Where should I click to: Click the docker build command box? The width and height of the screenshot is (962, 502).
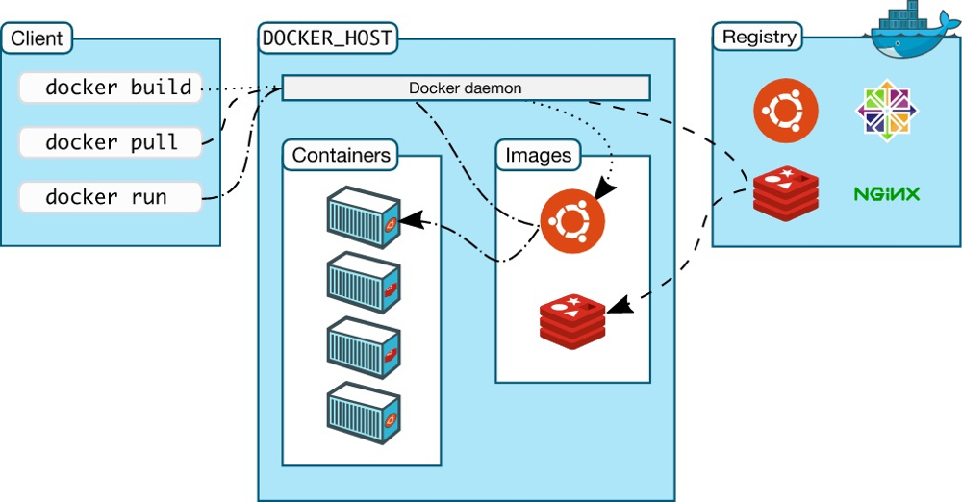(x=111, y=88)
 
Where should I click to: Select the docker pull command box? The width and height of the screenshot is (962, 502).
(x=111, y=142)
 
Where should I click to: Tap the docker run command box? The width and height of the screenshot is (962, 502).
(x=111, y=197)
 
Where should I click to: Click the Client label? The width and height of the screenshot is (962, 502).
(x=37, y=39)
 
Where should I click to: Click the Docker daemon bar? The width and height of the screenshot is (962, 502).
(x=466, y=88)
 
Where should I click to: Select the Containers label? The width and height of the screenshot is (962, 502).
(x=342, y=155)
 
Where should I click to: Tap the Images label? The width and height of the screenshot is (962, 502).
(x=538, y=155)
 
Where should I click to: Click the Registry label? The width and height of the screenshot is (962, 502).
(x=759, y=38)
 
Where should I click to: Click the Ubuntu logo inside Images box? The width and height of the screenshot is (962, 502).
(x=572, y=220)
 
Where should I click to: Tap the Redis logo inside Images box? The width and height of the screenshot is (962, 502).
(x=572, y=321)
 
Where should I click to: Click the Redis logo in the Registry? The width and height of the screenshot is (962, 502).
(x=786, y=191)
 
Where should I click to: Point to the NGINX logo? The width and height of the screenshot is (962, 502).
(x=887, y=194)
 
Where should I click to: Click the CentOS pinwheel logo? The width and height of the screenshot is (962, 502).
(x=887, y=107)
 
